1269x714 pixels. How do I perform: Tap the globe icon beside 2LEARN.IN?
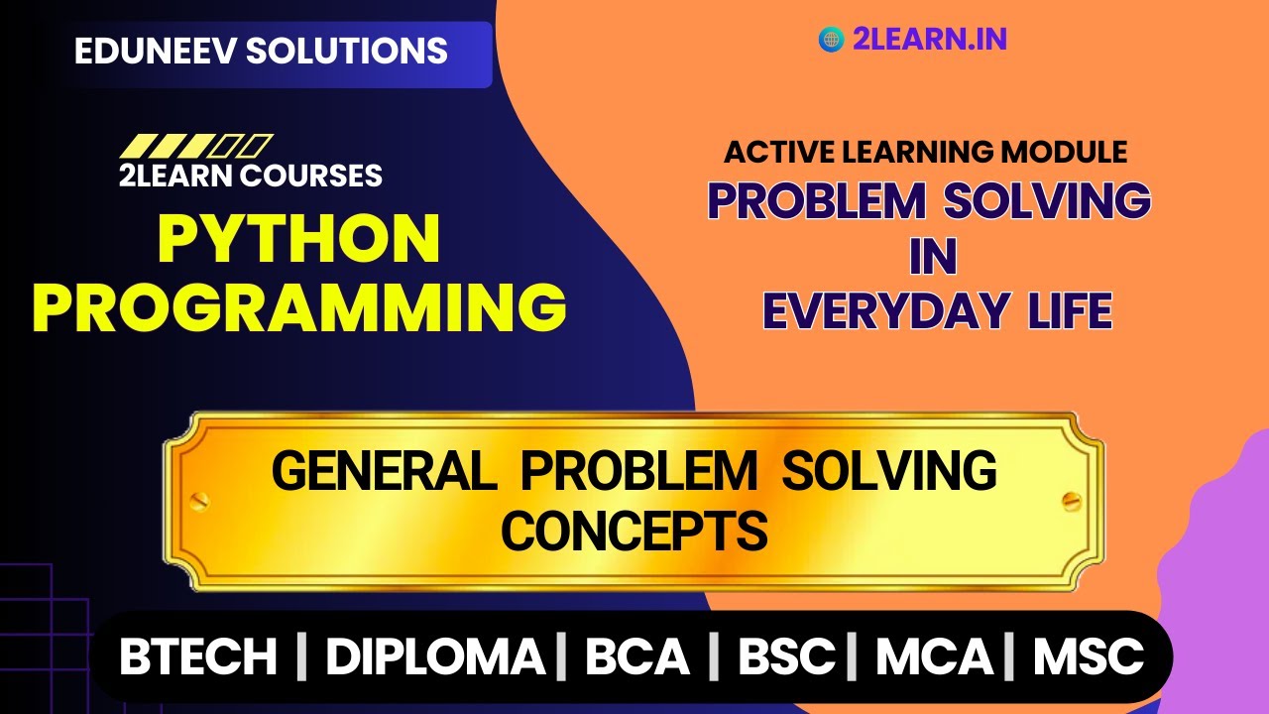831,39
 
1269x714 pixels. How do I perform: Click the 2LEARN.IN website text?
929,39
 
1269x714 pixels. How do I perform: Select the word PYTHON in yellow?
299,239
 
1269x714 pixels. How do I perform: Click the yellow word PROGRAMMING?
299,306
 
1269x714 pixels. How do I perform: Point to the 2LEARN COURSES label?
250,176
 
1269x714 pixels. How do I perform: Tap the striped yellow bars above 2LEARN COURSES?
195,146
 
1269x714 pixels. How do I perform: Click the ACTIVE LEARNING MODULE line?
926,152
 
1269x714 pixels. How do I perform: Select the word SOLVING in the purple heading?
1047,201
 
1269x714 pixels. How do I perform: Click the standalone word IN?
933,258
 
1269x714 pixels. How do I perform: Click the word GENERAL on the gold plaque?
384,471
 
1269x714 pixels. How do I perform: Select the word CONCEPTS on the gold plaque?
634,531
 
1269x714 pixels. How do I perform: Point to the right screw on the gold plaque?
1070,500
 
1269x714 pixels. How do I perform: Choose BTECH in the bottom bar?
198,656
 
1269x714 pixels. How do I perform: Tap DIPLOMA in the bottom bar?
435,656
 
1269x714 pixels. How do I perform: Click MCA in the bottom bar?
934,656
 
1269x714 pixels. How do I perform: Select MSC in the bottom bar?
1089,656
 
